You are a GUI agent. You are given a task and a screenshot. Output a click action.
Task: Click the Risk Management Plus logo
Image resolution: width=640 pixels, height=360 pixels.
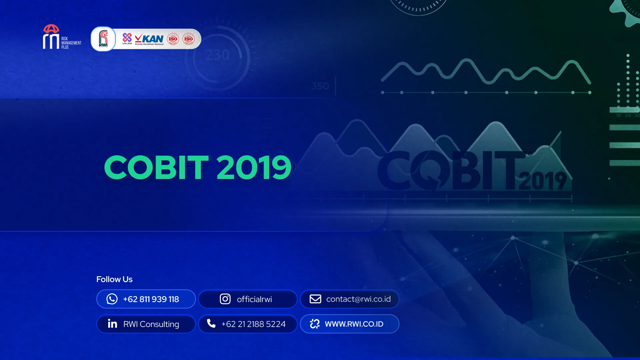(x=62, y=37)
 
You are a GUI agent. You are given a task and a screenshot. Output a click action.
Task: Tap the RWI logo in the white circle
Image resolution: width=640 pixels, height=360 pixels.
(x=103, y=39)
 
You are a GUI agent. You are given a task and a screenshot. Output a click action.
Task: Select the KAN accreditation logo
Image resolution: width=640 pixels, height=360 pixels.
(x=150, y=39)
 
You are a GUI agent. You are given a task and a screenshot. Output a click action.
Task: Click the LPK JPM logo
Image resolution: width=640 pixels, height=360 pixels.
(x=127, y=39)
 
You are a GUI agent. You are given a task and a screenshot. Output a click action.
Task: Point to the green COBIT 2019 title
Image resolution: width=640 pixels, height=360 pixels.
(x=198, y=167)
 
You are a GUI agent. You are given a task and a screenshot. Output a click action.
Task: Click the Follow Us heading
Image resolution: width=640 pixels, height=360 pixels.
(x=114, y=279)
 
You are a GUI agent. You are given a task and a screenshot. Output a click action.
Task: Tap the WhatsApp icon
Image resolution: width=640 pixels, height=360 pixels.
(x=112, y=299)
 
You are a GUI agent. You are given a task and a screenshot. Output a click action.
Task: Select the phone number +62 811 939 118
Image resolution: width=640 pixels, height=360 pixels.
(x=151, y=299)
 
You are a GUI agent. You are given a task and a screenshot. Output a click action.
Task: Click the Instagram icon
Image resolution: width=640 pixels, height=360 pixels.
(x=225, y=299)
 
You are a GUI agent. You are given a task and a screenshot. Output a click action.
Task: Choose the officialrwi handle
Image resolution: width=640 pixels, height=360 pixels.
(x=254, y=299)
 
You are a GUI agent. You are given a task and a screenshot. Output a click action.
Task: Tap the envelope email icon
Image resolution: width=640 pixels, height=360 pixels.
(x=315, y=299)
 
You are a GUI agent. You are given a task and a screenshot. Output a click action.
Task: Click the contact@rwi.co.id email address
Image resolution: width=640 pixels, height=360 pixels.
(x=358, y=299)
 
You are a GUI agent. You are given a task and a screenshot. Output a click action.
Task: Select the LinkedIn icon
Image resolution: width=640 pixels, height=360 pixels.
(x=112, y=324)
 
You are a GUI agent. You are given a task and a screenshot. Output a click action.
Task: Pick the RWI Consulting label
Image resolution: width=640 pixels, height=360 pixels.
(x=151, y=324)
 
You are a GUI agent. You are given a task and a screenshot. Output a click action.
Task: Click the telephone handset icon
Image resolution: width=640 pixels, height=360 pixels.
(x=211, y=323)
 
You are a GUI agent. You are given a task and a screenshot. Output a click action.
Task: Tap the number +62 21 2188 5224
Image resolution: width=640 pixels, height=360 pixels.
(x=253, y=324)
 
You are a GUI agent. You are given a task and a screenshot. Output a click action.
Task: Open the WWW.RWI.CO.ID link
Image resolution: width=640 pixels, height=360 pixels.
(x=354, y=324)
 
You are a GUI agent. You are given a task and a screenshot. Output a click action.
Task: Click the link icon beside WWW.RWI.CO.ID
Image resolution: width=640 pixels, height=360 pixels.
(x=315, y=324)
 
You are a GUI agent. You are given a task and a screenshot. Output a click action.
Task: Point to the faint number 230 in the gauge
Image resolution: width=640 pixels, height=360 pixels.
(x=217, y=55)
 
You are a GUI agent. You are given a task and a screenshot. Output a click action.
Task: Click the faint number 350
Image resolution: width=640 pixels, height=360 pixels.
(x=320, y=86)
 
